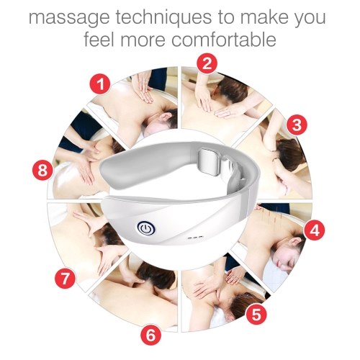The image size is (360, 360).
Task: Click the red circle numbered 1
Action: click(100, 84)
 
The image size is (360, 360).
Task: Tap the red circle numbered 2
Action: click(207, 64)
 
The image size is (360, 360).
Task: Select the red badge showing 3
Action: click(297, 125)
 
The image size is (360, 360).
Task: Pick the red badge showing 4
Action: click(315, 230)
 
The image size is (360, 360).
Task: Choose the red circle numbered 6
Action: click(150, 334)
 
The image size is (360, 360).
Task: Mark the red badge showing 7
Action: click(65, 279)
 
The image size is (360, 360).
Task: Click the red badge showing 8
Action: click(42, 171)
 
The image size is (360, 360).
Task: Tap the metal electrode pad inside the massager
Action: click(209, 161)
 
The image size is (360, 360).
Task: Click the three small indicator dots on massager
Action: click(195, 238)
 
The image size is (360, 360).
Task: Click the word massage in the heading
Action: click(69, 18)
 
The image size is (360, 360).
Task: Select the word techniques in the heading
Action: click(163, 17)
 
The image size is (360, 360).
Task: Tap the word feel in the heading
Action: click(99, 39)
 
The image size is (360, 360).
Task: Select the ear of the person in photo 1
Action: click(165, 117)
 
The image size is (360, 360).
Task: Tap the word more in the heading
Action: click(143, 40)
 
